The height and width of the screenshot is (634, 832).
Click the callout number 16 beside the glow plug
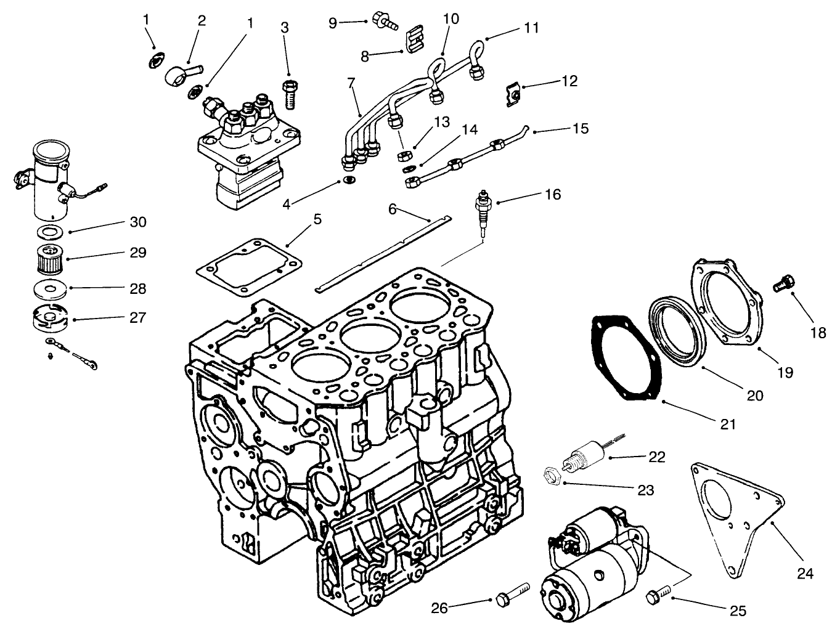(x=553, y=195)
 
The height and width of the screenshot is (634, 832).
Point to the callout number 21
(x=727, y=425)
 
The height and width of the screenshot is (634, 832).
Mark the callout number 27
(x=138, y=318)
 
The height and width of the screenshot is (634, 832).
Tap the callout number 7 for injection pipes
(x=351, y=82)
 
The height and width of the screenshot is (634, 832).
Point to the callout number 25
(x=738, y=611)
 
